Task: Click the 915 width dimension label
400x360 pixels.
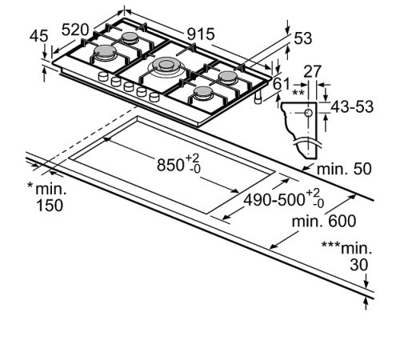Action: point(201,34)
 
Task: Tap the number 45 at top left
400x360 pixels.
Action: point(38,37)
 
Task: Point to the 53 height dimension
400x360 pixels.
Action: point(303,38)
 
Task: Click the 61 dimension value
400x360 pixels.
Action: point(282,83)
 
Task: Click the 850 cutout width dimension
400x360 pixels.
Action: point(171,165)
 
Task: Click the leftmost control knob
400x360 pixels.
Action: point(103,77)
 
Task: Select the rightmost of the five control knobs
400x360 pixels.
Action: point(154,97)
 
